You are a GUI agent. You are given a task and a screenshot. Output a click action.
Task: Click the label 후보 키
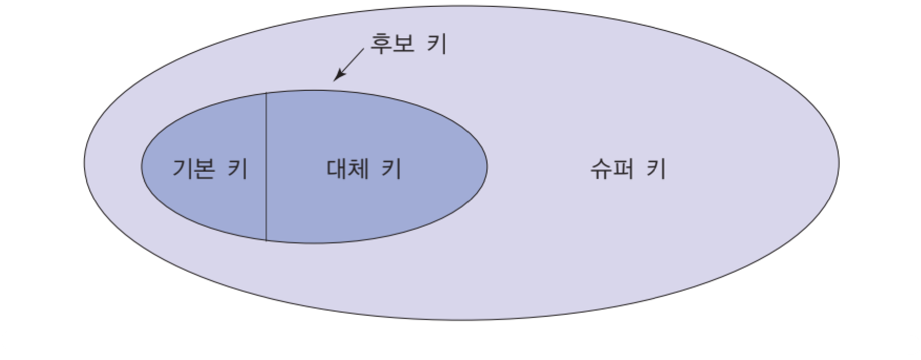[408, 44]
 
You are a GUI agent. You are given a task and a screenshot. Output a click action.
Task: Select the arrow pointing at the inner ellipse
[349, 65]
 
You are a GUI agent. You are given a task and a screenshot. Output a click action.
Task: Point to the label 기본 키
[210, 170]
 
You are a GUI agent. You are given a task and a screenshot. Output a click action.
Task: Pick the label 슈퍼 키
[628, 170]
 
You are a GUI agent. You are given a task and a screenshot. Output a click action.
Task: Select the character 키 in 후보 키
[437, 44]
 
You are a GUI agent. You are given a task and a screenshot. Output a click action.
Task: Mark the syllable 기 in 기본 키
[182, 170]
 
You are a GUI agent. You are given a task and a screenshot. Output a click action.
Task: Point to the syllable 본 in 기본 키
[206, 170]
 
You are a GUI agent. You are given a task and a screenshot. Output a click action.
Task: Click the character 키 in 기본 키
[238, 170]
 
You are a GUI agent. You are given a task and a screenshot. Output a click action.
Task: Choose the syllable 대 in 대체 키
[336, 170]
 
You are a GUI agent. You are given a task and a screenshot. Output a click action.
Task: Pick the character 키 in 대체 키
[391, 170]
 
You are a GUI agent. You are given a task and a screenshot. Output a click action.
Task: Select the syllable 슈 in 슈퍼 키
[601, 170]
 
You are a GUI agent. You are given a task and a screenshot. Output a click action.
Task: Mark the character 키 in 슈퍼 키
[656, 170]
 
